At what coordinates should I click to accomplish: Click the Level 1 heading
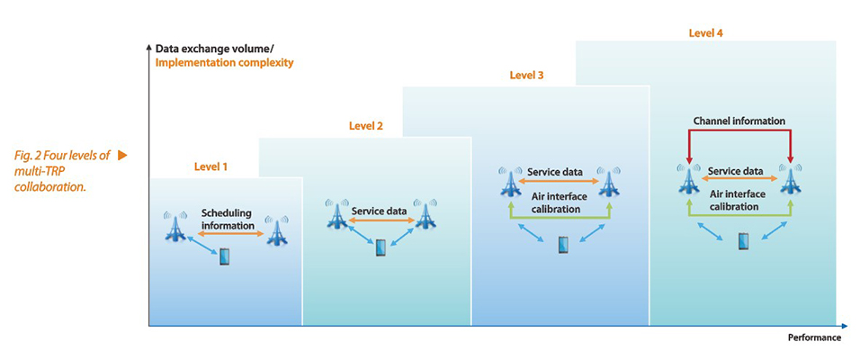211,166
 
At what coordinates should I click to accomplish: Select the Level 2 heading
366,126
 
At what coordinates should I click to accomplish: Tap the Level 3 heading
526,76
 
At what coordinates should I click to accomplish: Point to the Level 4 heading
705,33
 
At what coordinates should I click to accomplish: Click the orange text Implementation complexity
224,63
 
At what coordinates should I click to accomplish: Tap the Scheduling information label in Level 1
227,219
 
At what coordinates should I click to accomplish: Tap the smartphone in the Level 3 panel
563,245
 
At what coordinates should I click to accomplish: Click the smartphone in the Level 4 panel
743,241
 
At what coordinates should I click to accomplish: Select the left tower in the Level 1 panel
175,226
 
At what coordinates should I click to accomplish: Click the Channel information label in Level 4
739,121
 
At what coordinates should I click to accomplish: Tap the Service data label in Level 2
380,211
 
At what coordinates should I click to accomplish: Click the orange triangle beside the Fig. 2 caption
122,155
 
